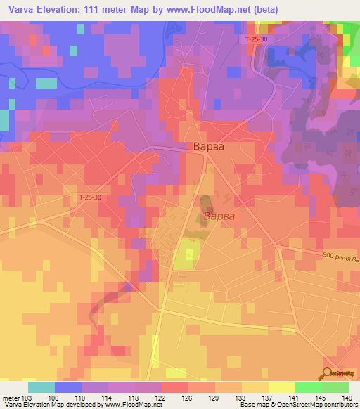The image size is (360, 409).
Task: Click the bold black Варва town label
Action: [210, 148]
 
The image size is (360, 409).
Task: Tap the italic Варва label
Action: [219, 217]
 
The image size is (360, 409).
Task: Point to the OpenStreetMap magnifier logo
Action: [329, 373]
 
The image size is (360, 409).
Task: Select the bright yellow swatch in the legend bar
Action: [282, 387]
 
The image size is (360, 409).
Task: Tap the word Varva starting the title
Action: [18, 9]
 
